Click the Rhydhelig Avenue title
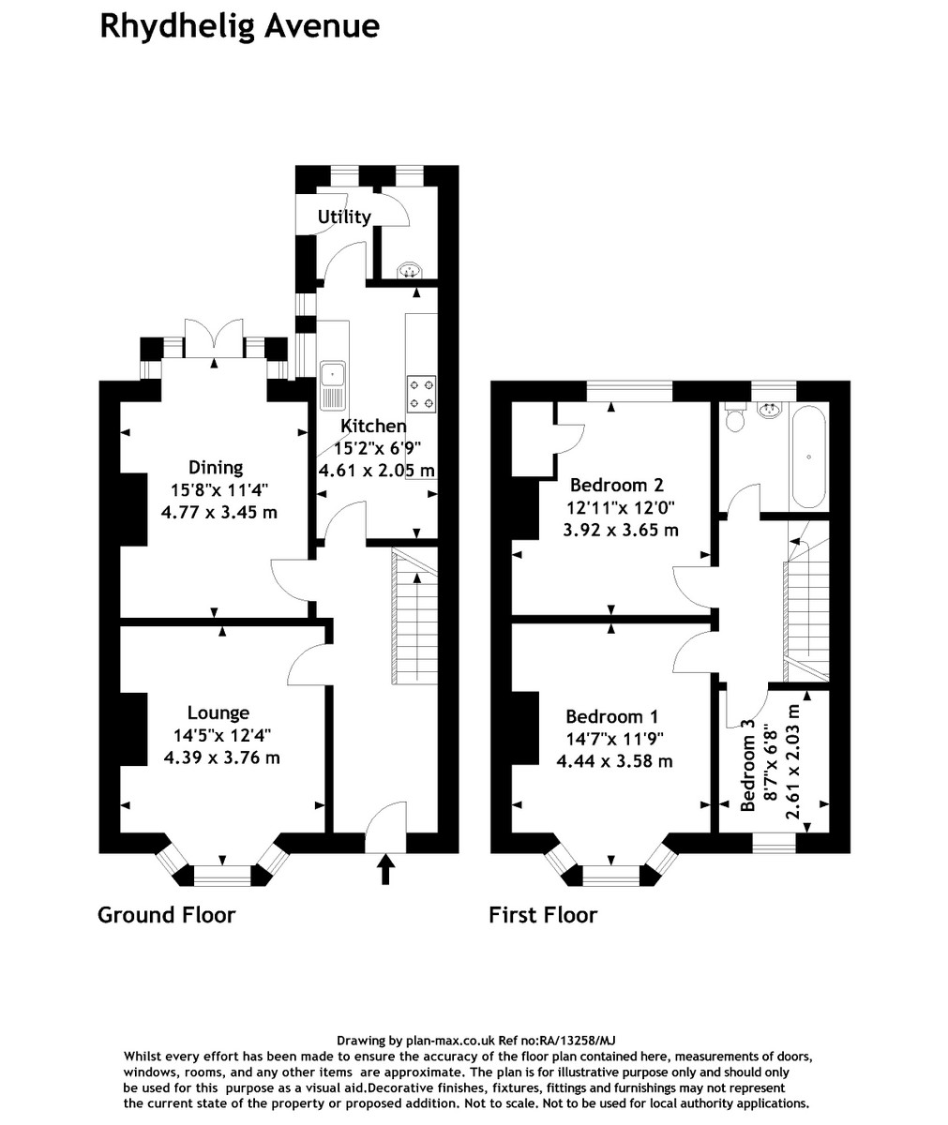click(240, 27)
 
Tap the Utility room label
click(344, 217)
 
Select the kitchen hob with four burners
click(421, 394)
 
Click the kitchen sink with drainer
click(333, 385)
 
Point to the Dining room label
click(216, 468)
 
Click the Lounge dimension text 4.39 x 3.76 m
click(222, 758)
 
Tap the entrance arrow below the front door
click(385, 868)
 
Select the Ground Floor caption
click(167, 915)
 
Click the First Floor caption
click(543, 915)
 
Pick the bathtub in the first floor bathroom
click(809, 457)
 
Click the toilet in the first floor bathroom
click(734, 417)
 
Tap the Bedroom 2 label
click(617, 485)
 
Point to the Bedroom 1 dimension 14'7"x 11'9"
click(614, 739)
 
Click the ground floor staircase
click(416, 615)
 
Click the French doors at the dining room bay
click(214, 338)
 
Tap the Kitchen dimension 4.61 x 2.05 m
click(377, 471)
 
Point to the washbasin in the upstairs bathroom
click(771, 410)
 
